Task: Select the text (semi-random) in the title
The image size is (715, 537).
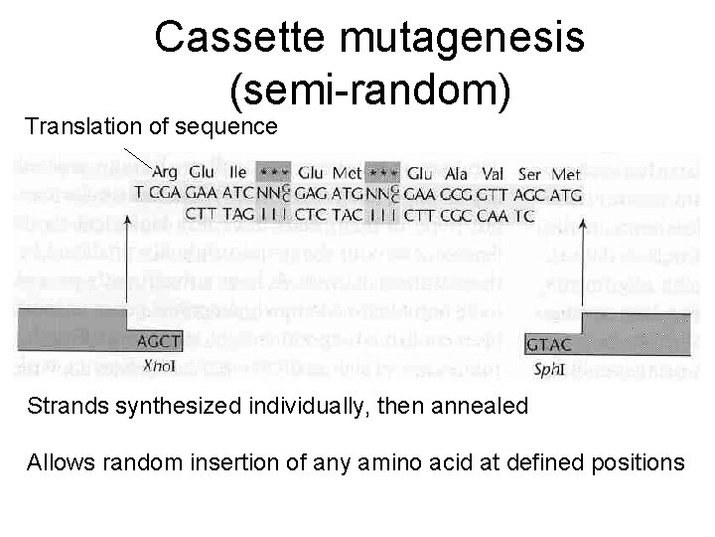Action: coord(370,91)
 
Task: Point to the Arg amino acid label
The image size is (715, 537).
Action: coord(165,170)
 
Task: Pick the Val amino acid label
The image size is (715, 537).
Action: coord(495,170)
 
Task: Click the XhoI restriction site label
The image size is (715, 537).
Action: coord(157,364)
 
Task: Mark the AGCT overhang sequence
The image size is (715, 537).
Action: coord(159,339)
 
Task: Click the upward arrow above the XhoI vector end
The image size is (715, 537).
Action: coord(129,259)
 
